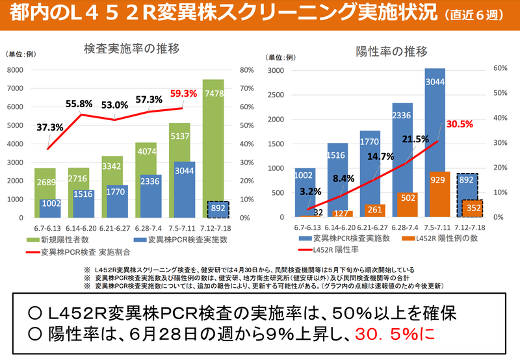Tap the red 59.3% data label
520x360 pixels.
[183, 94]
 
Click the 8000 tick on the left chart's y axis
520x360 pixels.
[14, 70]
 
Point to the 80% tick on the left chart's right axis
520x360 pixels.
[246, 70]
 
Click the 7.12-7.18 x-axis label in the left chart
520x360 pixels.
[217, 227]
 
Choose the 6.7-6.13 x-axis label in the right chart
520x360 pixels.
[308, 227]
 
